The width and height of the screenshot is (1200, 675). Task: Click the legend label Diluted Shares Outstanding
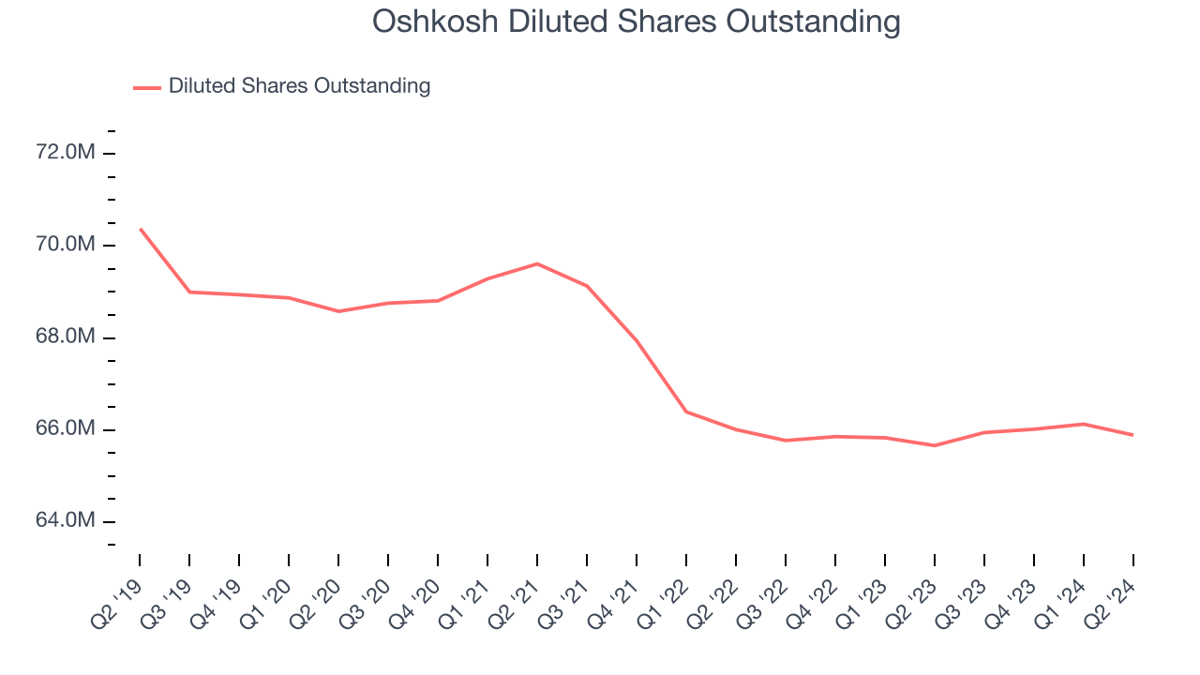(x=299, y=86)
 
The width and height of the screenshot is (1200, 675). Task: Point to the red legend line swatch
(x=147, y=87)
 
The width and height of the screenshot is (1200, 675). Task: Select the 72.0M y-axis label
(x=66, y=153)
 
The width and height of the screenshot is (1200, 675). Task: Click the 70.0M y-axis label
(x=66, y=245)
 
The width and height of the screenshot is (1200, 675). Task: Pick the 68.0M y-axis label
(x=66, y=337)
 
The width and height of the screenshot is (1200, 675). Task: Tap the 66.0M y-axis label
(x=66, y=429)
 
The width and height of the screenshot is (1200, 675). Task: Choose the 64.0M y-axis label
(x=66, y=521)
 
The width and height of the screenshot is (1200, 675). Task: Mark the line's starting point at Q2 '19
(x=140, y=229)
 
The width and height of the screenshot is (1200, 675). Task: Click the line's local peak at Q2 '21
(x=537, y=263)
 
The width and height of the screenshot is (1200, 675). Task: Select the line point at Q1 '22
(x=686, y=412)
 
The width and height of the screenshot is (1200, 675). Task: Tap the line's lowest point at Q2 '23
(x=935, y=445)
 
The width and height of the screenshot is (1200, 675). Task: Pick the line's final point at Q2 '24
(x=1132, y=435)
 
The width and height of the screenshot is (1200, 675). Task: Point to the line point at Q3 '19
(x=189, y=292)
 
